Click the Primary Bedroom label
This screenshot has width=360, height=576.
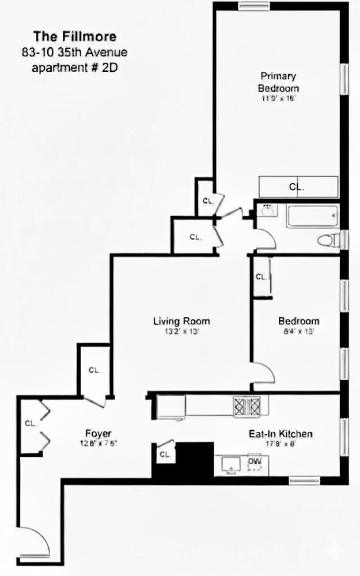pos(278,82)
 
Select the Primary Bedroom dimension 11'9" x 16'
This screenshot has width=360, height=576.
pos(279,98)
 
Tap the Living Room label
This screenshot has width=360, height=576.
pos(181,321)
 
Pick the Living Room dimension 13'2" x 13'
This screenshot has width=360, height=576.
pos(181,332)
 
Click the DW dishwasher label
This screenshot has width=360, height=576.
pos(254,461)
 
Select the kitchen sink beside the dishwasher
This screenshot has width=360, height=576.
pos(230,464)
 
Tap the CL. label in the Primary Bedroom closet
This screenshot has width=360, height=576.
pos(297,187)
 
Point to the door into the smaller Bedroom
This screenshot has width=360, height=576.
pos(263,374)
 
